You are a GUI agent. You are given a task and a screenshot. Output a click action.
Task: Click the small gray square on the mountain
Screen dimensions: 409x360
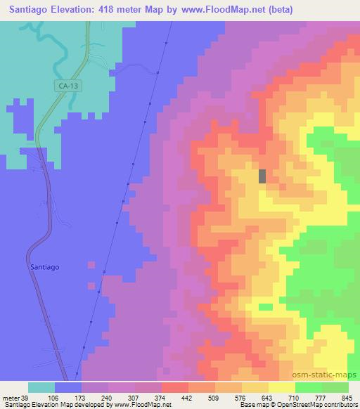(262, 176)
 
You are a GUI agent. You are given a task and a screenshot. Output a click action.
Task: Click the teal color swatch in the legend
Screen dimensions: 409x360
(41, 387)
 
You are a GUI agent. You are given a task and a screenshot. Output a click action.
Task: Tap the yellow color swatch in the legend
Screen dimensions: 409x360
(282, 387)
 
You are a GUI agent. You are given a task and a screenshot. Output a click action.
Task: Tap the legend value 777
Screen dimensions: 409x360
(321, 397)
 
